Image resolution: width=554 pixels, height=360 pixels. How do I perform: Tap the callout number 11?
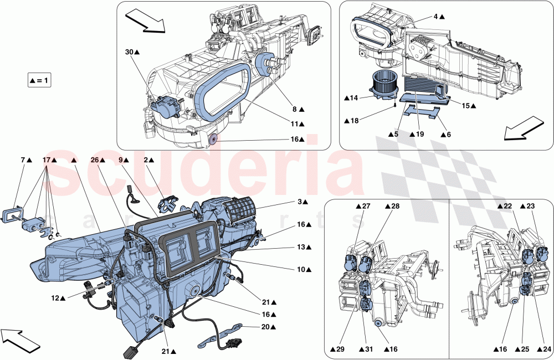pyautogui.click(x=295, y=124)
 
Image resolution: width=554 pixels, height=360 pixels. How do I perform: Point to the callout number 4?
pyautogui.click(x=436, y=17)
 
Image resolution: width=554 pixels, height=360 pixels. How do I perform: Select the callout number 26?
pyautogui.click(x=94, y=160)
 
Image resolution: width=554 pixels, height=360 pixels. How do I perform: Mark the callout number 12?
pyautogui.click(x=55, y=298)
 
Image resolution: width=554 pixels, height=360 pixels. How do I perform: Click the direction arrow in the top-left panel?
pyautogui.click(x=146, y=20)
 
